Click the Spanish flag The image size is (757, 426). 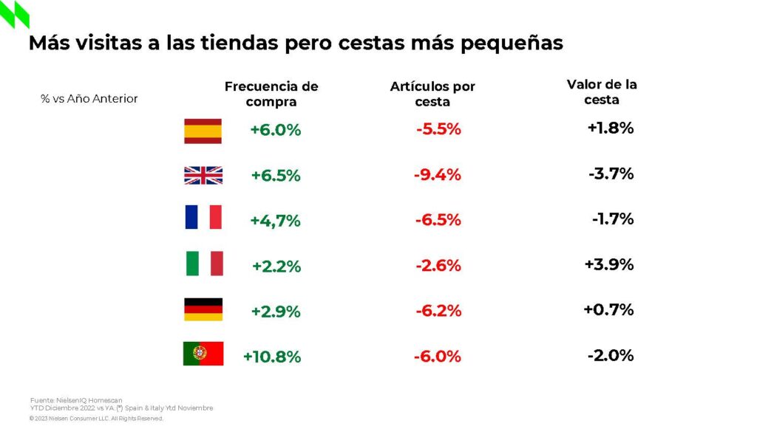[203, 131]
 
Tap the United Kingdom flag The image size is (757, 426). [203, 175]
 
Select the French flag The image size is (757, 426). [203, 218]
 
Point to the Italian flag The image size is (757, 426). [205, 264]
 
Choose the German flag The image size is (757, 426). [203, 309]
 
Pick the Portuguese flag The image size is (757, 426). [203, 354]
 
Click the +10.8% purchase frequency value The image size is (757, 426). [272, 357]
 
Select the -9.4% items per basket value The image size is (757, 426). [438, 175]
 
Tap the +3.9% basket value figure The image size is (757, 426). [609, 264]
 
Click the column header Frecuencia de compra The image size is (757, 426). [271, 94]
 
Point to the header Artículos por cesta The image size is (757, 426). [432, 94]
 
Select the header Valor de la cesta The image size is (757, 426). [602, 92]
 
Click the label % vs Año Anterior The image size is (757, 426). [89, 99]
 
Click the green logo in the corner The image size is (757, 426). [15, 15]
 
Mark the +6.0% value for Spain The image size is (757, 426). [276, 130]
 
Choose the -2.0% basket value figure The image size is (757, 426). [611, 355]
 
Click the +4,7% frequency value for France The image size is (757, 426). [276, 220]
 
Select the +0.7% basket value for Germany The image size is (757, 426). [608, 309]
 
